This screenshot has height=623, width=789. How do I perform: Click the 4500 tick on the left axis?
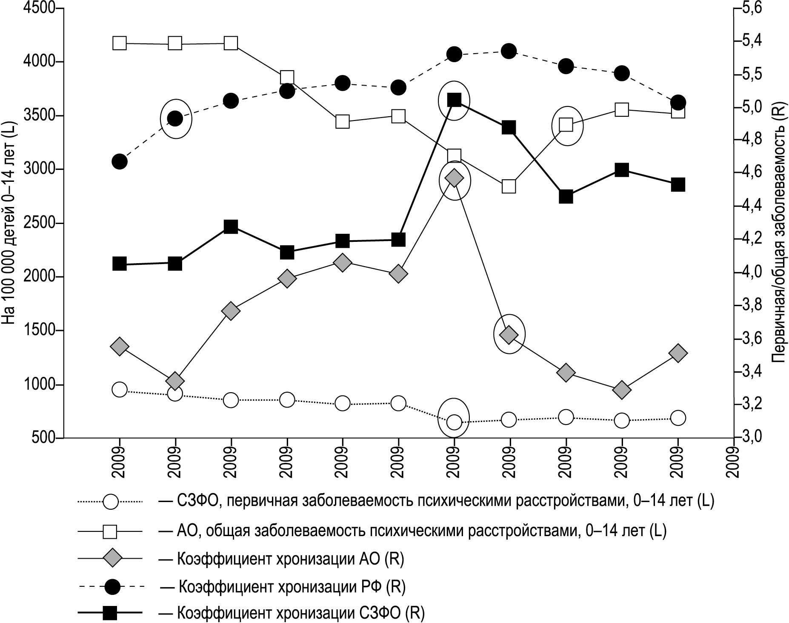click(x=40, y=9)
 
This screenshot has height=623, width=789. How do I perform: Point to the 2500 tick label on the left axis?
click(x=40, y=223)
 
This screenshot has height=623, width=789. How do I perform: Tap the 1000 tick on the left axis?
click(x=40, y=385)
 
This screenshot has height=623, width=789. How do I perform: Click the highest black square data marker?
click(x=454, y=100)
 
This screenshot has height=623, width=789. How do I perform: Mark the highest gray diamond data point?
click(x=454, y=178)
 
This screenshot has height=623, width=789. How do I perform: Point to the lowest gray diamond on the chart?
click(x=622, y=390)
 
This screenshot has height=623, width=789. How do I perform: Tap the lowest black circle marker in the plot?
click(x=119, y=161)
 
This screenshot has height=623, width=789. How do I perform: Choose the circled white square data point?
click(x=566, y=125)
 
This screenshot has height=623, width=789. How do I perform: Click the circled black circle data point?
click(x=175, y=118)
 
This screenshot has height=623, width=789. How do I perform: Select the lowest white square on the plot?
click(x=509, y=186)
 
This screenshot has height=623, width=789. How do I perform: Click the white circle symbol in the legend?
click(x=111, y=502)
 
